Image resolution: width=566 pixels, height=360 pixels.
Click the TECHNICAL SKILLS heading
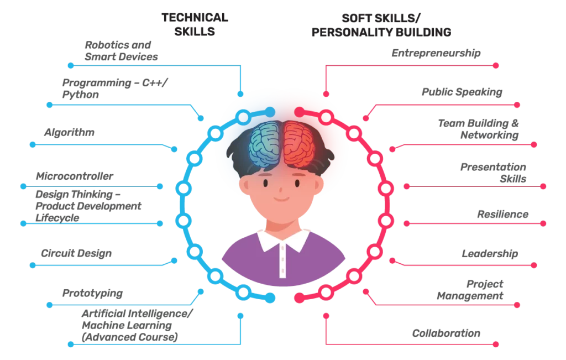195,24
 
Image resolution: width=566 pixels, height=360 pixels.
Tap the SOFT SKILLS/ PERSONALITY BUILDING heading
381,25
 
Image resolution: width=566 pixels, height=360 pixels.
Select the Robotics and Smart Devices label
121,51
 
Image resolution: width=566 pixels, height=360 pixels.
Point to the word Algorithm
69,133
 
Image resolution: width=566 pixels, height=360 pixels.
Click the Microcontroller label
75,176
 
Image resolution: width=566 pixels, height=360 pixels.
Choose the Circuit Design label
76,253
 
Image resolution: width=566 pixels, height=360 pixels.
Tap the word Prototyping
92,293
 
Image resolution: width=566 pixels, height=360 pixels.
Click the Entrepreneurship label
436,54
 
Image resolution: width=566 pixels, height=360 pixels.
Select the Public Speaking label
462,92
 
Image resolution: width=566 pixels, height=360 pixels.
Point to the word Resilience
503,215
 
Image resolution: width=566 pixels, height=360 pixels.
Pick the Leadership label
490,254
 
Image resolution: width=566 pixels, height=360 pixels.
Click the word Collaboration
446,333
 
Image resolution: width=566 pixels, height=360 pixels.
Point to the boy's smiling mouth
281,199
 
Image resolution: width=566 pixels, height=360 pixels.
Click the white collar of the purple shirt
283,240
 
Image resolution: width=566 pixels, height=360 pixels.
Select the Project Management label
470,290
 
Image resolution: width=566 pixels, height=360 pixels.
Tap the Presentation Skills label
493,173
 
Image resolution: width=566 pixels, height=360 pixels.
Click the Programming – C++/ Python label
115,89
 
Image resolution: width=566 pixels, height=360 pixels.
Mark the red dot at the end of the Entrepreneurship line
496,66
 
